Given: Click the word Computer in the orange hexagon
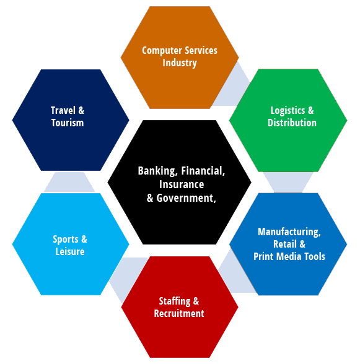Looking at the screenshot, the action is pos(162,51).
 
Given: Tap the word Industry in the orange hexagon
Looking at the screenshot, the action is pos(180,63).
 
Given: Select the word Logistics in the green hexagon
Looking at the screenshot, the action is pos(288,110).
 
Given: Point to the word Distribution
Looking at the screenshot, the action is pos(292,123).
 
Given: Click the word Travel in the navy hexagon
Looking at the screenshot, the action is pos(63,110).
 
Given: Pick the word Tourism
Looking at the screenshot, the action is pos(68,123).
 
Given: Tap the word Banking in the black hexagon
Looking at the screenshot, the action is pos(158,171).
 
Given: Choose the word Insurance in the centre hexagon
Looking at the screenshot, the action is pos(182,184).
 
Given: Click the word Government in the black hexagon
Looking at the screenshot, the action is pos(186,198).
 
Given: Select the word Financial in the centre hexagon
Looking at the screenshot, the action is pos(203,171).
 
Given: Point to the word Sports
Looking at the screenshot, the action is pos(66,240).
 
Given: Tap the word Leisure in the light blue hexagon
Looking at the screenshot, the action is pos(70,251).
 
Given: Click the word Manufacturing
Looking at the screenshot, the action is pos(289,232).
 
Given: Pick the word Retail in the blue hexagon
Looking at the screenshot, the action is pos(285,244).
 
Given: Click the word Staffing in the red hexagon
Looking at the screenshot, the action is pos(175,301).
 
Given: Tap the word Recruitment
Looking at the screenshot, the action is pos(179,313).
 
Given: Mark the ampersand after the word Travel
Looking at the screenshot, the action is pos(81,110).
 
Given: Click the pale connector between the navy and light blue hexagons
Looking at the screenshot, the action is pos(69,182).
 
